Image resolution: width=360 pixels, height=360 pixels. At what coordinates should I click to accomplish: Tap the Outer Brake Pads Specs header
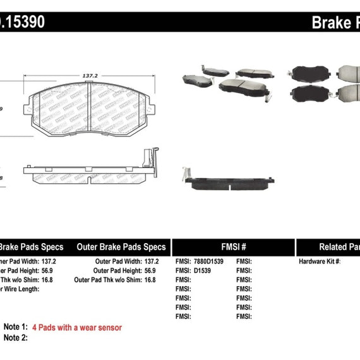pos(121,247)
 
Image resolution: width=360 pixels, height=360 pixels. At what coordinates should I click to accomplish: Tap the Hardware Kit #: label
pos(320,261)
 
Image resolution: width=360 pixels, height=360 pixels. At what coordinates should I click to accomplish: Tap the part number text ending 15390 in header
pos(21,23)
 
